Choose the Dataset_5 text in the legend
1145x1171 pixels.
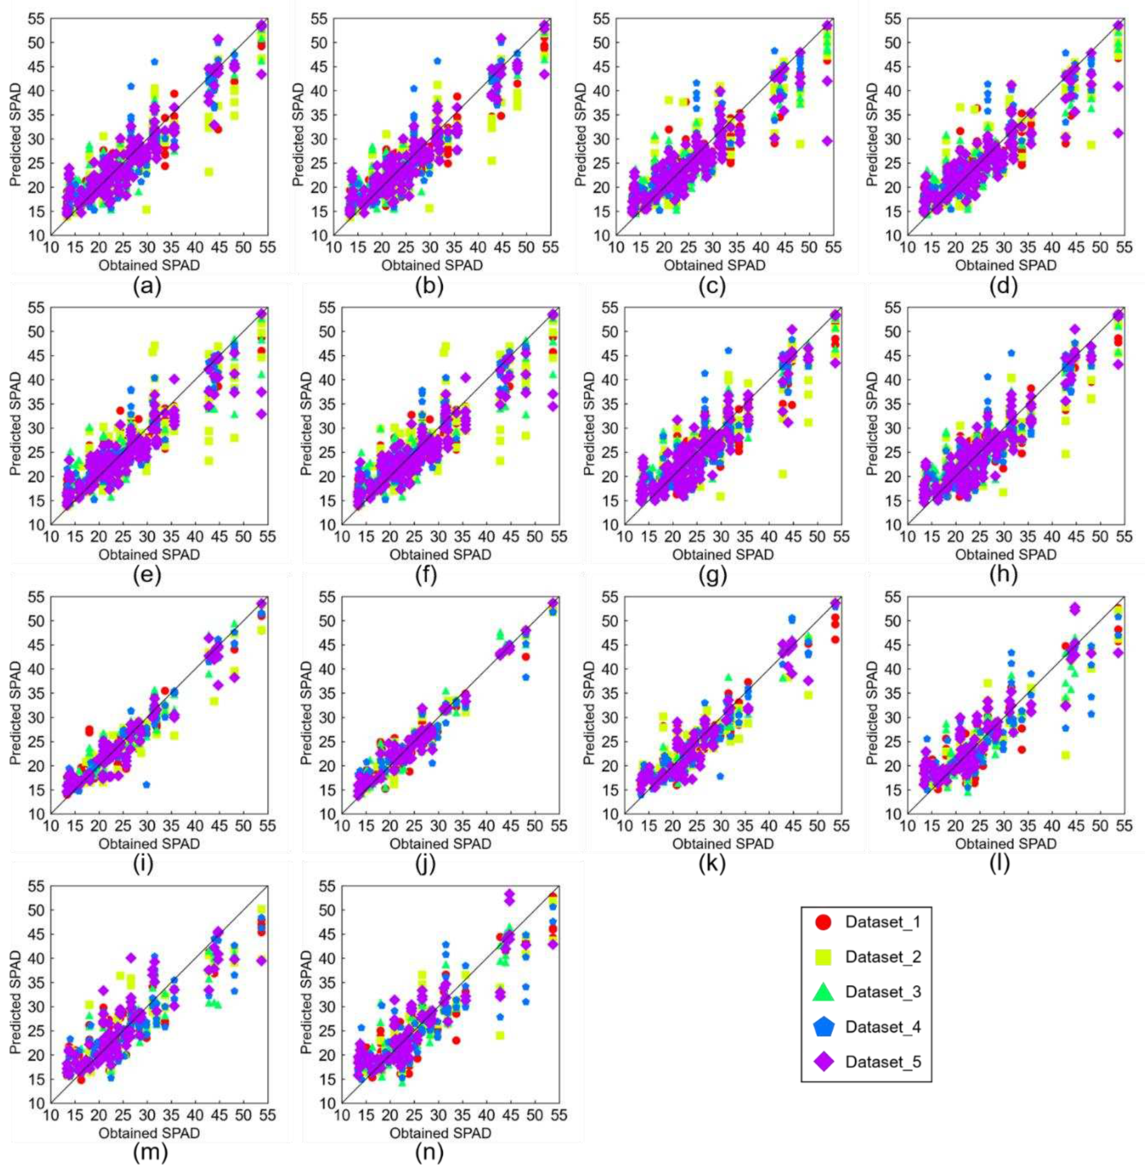click(883, 1061)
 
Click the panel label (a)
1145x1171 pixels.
click(147, 287)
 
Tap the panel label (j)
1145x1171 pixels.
click(429, 864)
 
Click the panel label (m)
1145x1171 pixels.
click(147, 1153)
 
